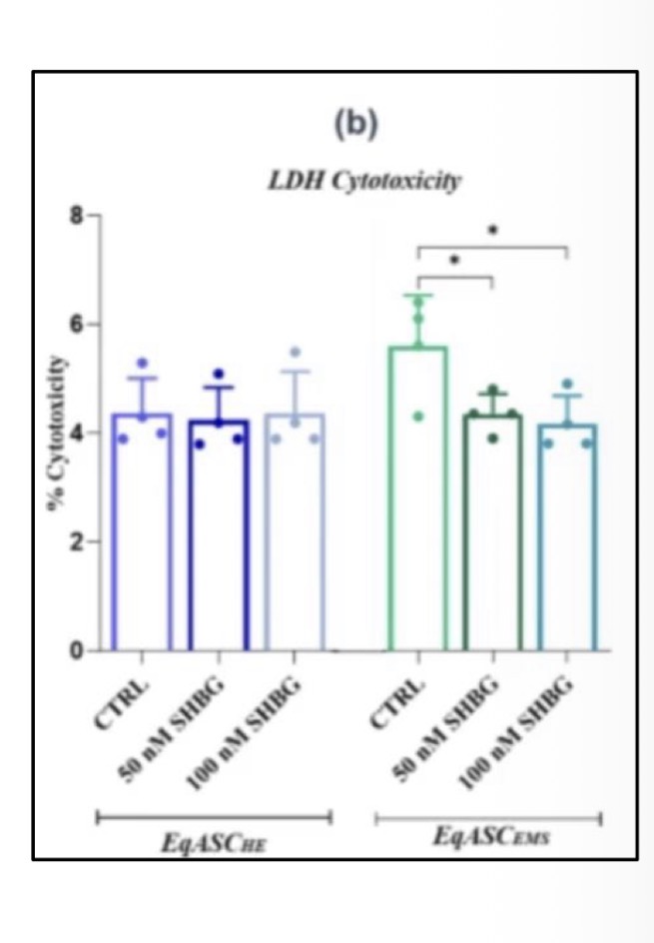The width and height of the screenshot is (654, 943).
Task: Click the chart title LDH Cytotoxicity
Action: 356,181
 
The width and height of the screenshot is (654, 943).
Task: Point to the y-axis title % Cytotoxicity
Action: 60,433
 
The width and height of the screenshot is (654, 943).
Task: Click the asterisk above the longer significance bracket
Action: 493,230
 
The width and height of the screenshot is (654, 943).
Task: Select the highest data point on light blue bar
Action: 294,353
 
